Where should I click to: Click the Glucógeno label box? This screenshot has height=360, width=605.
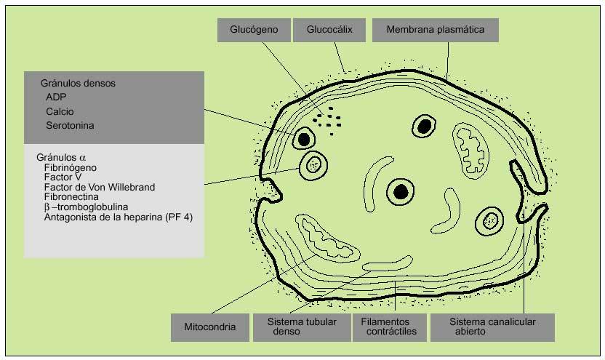[252, 30]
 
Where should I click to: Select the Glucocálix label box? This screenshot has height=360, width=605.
[329, 30]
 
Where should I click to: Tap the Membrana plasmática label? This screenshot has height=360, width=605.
[435, 30]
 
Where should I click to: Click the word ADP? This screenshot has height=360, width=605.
[55, 97]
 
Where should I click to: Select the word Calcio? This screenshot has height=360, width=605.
[60, 111]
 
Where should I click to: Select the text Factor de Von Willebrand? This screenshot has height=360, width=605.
[99, 187]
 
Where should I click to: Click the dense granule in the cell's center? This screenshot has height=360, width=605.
[399, 191]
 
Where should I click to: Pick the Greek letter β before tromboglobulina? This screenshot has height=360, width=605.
[47, 207]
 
